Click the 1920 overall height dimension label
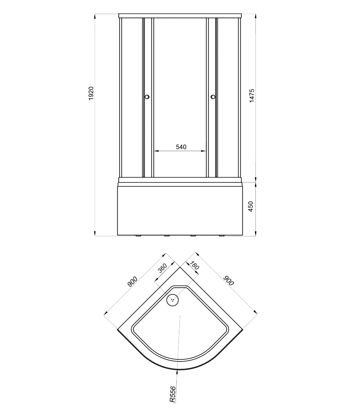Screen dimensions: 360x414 (91, 93)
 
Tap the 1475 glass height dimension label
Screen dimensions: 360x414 (252, 96)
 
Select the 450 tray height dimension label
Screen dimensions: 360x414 (251, 206)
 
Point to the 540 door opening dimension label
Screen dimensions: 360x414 (181, 147)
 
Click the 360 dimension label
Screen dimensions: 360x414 (162, 268)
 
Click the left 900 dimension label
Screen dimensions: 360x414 (132, 281)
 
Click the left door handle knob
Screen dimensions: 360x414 (147, 97)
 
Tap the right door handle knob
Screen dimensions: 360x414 (213, 97)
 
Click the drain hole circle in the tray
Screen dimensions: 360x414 (173, 300)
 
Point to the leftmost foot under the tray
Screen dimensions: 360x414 (138, 236)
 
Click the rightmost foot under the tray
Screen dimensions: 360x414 (221, 236)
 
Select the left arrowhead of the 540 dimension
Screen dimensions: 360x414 (156, 151)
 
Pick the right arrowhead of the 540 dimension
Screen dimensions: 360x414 (203, 151)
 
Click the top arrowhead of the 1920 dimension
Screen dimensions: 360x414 (95, 16)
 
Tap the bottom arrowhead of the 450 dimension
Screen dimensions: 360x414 (256, 233)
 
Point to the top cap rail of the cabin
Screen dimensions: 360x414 (180, 16)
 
